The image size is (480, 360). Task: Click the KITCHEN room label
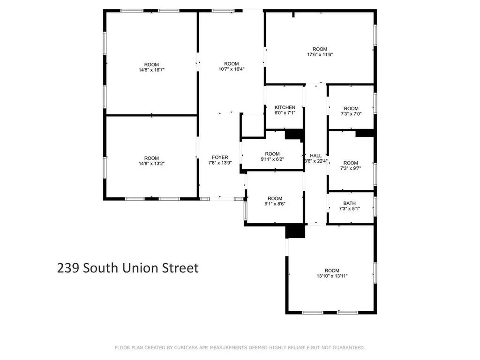[285, 107]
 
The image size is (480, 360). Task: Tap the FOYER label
[220, 157]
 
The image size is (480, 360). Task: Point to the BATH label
[350, 203]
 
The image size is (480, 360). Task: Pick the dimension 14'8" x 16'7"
[151, 70]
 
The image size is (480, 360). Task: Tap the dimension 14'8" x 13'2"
[151, 164]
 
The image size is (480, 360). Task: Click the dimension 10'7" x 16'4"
[232, 69]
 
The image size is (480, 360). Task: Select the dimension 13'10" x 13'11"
[332, 276]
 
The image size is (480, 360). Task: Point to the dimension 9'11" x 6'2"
[272, 159]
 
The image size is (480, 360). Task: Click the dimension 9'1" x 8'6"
[275, 204]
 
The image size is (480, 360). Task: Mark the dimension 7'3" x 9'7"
[351, 168]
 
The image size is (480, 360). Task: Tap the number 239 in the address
[67, 268]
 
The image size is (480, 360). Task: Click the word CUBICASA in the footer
[185, 347]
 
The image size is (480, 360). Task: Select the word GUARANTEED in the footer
[347, 347]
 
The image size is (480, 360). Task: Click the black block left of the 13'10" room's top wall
[295, 231]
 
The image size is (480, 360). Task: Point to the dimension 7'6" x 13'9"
[220, 163]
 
